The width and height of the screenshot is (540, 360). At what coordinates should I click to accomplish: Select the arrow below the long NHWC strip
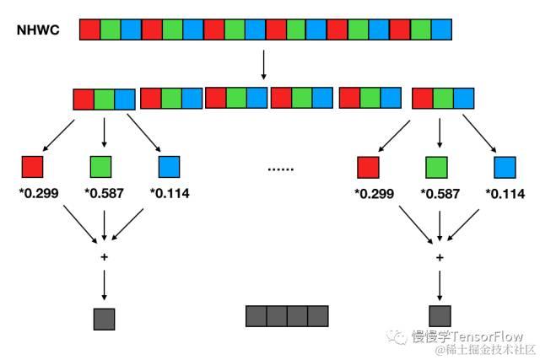click(265, 64)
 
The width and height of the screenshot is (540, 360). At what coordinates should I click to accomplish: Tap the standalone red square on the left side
click(32, 166)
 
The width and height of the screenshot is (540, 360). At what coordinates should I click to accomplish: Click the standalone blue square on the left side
click(169, 166)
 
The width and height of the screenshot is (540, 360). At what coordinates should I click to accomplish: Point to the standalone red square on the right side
click(367, 167)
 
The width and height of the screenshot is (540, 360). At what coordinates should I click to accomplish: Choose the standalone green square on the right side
click(436, 167)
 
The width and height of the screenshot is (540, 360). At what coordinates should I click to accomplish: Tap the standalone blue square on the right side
click(505, 167)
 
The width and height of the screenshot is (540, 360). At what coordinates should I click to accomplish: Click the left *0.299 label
click(37, 193)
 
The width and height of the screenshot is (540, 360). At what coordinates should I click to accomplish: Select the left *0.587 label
click(104, 193)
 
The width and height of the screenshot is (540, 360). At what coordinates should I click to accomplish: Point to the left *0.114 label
click(170, 193)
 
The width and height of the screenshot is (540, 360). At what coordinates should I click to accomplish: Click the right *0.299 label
click(373, 193)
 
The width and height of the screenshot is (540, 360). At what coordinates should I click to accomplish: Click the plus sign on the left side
click(104, 257)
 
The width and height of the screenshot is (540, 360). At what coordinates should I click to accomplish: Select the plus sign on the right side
click(439, 257)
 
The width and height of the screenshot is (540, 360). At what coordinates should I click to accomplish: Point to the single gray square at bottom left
click(104, 319)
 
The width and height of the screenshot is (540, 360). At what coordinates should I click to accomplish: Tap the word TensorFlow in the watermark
click(491, 336)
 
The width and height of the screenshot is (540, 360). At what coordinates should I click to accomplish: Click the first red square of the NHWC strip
click(89, 30)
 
